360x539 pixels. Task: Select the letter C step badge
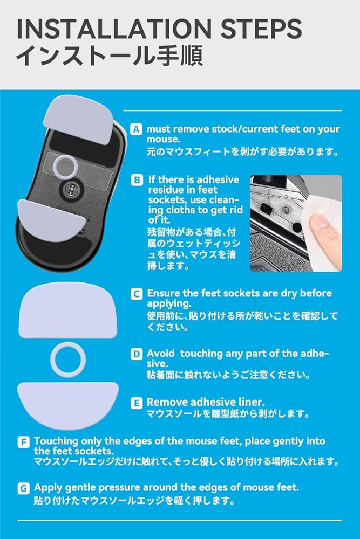pyautogui.click(x=137, y=294)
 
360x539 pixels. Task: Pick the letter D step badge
pyautogui.click(x=137, y=354)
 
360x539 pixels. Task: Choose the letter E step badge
pyautogui.click(x=137, y=402)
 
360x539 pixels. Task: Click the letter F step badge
pyautogui.click(x=24, y=443)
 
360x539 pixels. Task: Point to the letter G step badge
pyautogui.click(x=24, y=488)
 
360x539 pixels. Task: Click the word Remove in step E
pyautogui.click(x=165, y=402)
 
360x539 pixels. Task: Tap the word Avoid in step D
pyautogui.click(x=161, y=354)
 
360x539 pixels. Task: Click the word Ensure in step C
pyautogui.click(x=164, y=294)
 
